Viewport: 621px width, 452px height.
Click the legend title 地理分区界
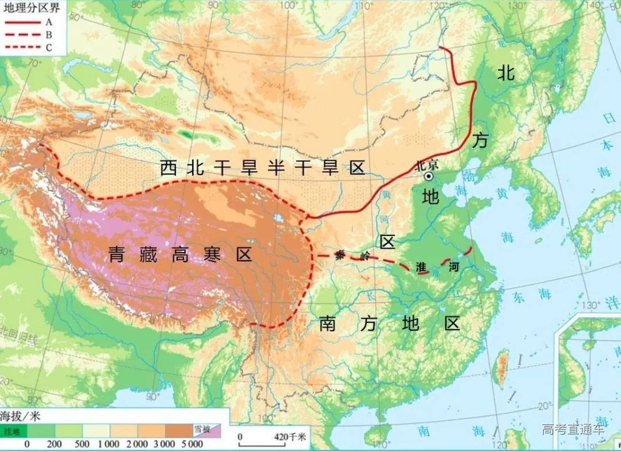28,7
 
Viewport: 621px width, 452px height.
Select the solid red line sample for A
19,22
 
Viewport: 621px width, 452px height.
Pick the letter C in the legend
48,48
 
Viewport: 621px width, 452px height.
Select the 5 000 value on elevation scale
191,444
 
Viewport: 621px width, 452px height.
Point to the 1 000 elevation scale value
108,444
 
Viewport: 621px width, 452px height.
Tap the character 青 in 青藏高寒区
117,255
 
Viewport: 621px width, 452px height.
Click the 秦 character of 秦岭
342,257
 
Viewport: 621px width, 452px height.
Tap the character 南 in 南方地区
327,324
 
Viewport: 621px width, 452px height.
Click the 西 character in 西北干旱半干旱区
168,168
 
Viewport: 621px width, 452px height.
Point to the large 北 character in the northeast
505,73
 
